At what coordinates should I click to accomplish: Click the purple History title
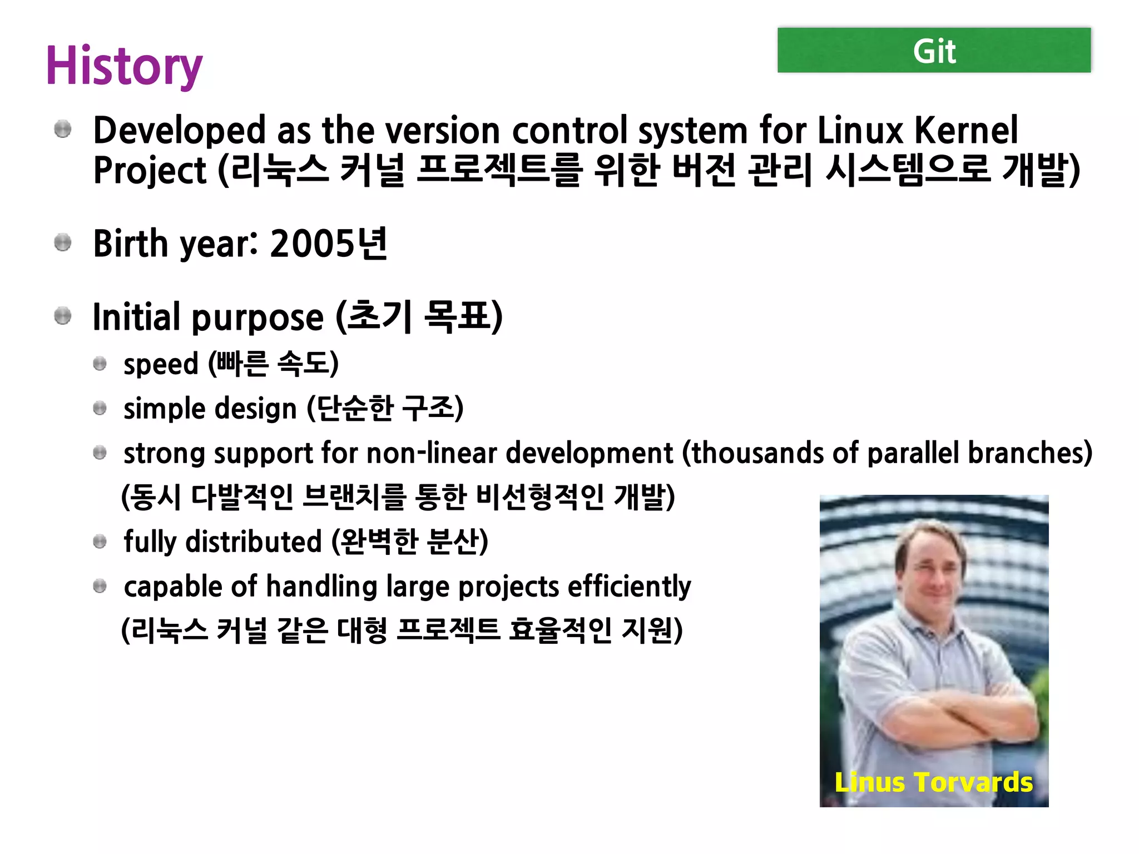(124, 66)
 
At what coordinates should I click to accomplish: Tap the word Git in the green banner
(934, 52)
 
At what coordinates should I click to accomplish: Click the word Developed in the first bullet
(179, 131)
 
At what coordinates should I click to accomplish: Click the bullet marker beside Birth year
(63, 243)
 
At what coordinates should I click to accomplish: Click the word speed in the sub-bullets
(161, 364)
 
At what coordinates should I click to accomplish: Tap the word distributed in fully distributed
(253, 542)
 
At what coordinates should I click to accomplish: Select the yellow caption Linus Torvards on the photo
(934, 782)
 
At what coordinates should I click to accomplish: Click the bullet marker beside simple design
(100, 409)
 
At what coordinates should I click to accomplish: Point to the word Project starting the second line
(150, 171)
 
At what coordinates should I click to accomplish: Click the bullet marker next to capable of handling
(100, 586)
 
